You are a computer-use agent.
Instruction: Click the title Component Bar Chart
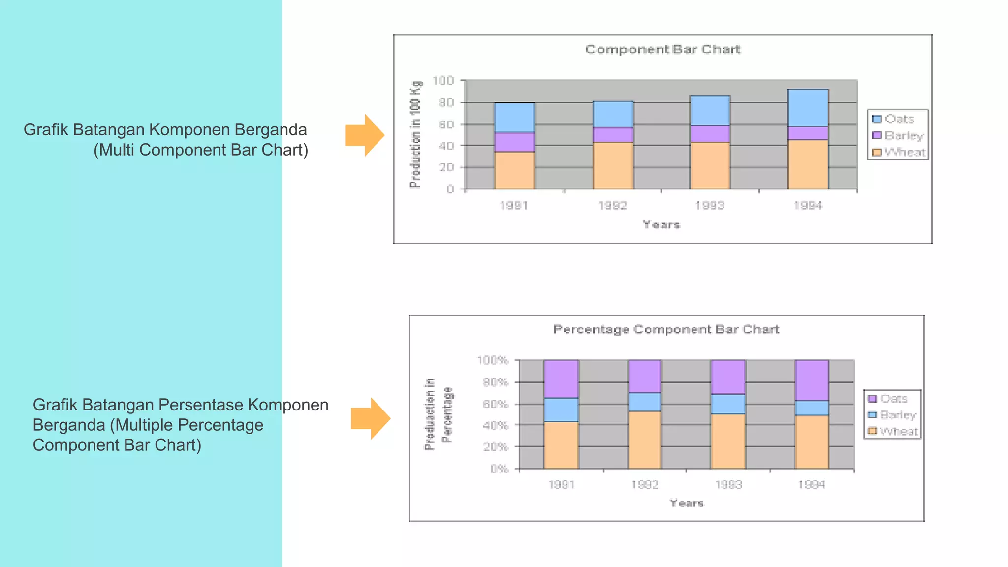[x=662, y=49]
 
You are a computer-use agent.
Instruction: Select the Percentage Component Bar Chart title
[x=666, y=329]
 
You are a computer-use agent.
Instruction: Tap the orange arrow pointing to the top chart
[x=365, y=135]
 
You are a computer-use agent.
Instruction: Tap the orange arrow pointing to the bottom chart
[x=371, y=418]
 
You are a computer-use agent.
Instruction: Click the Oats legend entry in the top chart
[x=898, y=119]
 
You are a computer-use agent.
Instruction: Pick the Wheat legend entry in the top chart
[x=904, y=152]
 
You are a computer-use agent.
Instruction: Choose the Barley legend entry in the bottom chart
[x=897, y=415]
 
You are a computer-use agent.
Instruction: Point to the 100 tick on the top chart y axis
[x=443, y=80]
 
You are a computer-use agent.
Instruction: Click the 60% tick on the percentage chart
[x=495, y=404]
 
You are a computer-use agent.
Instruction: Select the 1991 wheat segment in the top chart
[x=514, y=170]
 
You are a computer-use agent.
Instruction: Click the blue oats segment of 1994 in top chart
[x=808, y=108]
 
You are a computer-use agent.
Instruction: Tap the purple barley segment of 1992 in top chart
[x=613, y=135]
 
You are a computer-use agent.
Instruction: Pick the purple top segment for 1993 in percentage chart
[x=728, y=377]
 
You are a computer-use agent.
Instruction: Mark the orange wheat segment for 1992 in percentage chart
[x=644, y=440]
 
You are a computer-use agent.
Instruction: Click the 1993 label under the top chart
[x=710, y=205]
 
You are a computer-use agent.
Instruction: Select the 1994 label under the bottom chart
[x=811, y=485]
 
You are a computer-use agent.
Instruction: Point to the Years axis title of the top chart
[x=661, y=225]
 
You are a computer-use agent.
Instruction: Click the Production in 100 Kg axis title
[x=415, y=134]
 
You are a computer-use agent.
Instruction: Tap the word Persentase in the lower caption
[x=201, y=405]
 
